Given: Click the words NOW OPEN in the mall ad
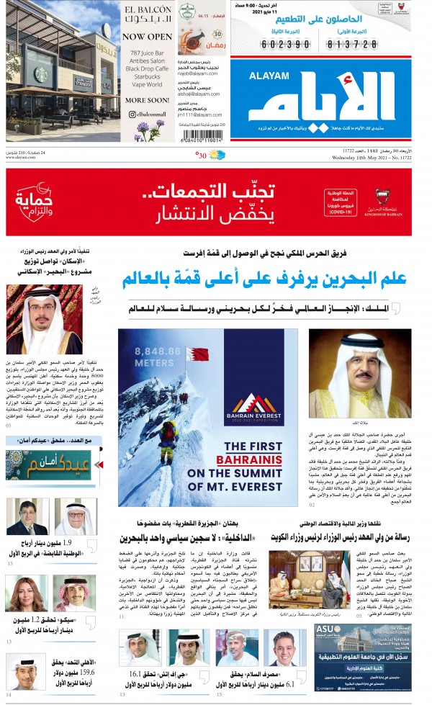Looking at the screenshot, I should click(148, 35).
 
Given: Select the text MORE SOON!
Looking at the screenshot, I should click(147, 100).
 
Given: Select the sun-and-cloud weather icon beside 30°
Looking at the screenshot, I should click(217, 154).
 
